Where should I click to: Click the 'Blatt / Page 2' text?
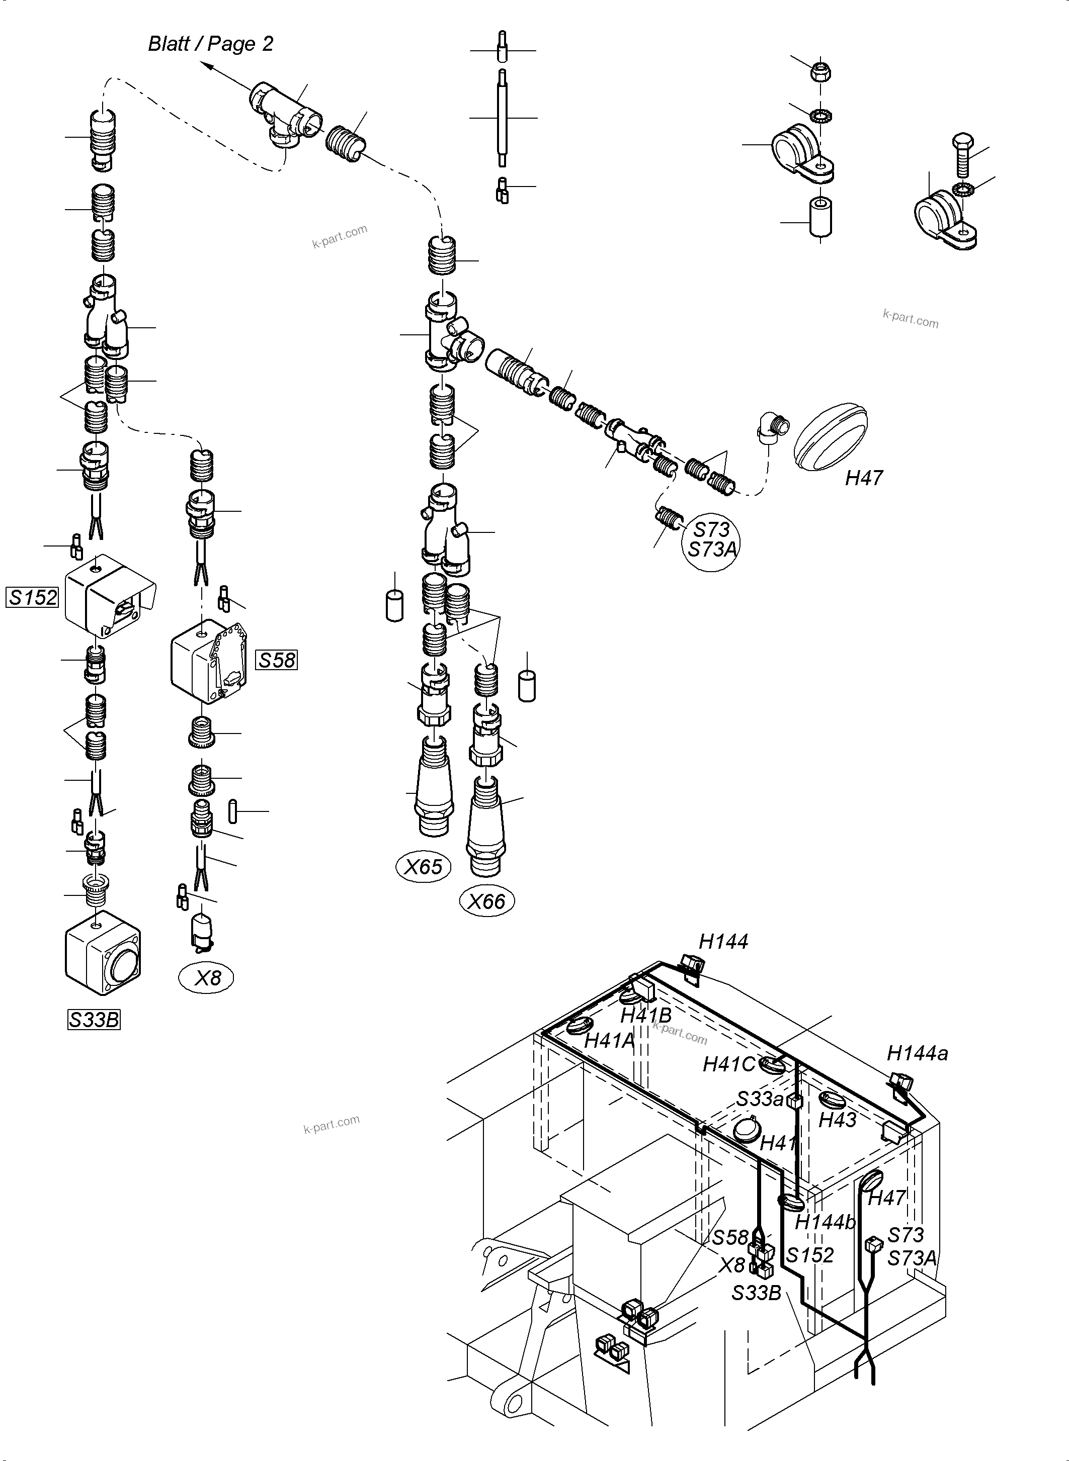(210, 43)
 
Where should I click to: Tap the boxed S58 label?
(277, 660)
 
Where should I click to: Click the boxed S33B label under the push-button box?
(94, 1020)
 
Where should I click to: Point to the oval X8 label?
(206, 978)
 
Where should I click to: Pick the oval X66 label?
(486, 901)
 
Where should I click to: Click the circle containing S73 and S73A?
(712, 539)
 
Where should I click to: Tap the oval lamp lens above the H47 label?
(831, 438)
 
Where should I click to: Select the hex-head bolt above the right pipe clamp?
(961, 156)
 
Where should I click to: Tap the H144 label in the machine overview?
(723, 942)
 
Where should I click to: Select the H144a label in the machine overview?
(917, 1054)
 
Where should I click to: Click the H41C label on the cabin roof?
(728, 1064)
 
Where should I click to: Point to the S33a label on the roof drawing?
(760, 1099)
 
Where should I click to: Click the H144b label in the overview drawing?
(825, 1222)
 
